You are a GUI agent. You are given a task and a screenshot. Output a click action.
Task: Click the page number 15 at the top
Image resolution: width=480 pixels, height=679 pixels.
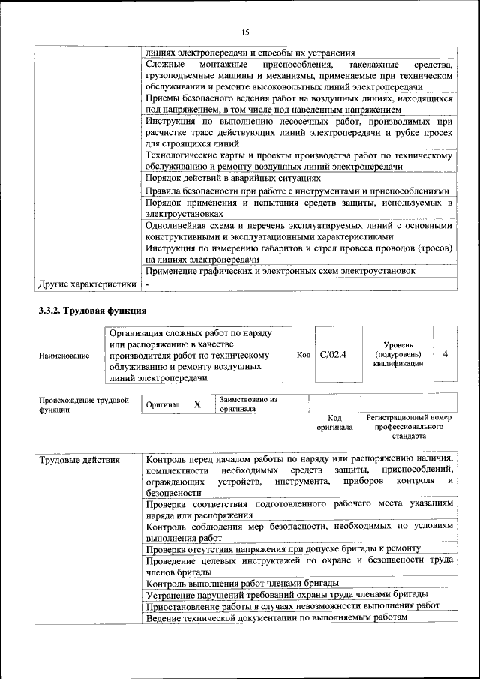[244, 32]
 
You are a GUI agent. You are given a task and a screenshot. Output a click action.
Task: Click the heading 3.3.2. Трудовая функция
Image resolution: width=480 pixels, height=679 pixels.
[92, 311]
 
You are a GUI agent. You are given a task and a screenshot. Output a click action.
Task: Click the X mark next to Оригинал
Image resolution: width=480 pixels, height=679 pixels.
[197, 404]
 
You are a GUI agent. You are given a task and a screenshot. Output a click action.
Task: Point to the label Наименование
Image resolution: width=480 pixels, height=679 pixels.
[64, 356]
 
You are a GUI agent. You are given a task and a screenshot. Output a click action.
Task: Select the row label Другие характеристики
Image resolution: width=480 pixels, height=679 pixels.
[87, 284]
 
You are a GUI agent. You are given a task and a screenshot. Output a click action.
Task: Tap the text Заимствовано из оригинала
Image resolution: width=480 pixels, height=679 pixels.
[248, 404]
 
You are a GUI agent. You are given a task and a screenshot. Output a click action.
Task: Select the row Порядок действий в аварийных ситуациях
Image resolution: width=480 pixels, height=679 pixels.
[233, 179]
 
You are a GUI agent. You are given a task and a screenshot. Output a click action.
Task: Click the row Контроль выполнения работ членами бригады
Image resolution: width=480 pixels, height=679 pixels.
[242, 583]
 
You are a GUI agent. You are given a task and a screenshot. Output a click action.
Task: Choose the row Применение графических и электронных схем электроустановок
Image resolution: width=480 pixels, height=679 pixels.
[280, 271]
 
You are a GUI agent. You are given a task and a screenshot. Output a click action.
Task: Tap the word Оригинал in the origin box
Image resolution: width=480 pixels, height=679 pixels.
[162, 404]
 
